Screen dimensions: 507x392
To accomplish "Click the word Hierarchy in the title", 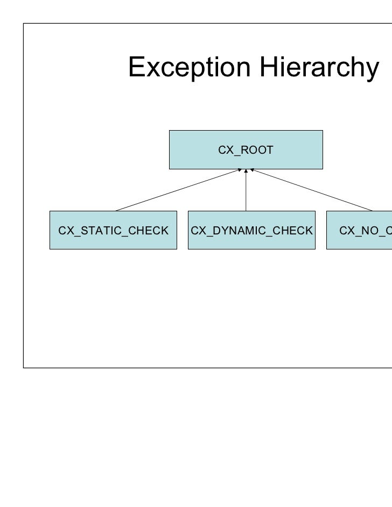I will [317, 68].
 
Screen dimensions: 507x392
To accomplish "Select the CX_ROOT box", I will [246, 149].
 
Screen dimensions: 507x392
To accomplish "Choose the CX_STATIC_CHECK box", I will [113, 230].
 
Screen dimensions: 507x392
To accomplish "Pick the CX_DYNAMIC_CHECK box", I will [251, 230].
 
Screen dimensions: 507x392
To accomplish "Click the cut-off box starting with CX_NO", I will [359, 230].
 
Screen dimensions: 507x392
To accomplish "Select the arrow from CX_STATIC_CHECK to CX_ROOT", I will [178, 190].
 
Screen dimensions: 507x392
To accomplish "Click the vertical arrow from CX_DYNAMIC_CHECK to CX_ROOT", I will [246, 191].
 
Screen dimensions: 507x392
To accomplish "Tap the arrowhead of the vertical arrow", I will [246, 172].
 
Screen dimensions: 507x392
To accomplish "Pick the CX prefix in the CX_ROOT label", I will [224, 150].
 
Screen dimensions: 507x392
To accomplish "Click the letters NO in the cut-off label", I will [366, 231].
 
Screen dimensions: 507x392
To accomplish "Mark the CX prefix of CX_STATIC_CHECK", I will [65, 231].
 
